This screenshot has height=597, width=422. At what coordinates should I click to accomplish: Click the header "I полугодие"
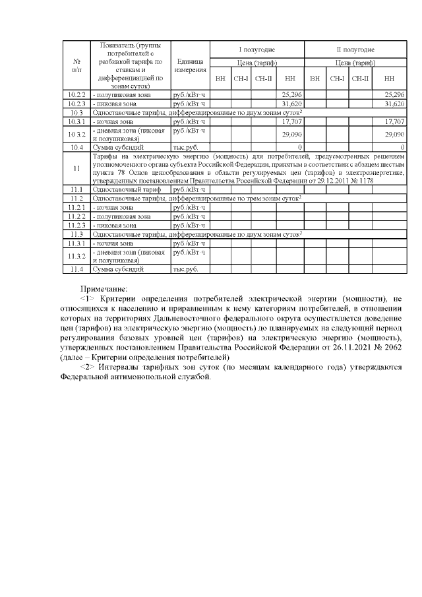[256, 49]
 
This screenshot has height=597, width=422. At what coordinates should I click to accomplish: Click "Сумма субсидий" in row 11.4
[116, 268]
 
